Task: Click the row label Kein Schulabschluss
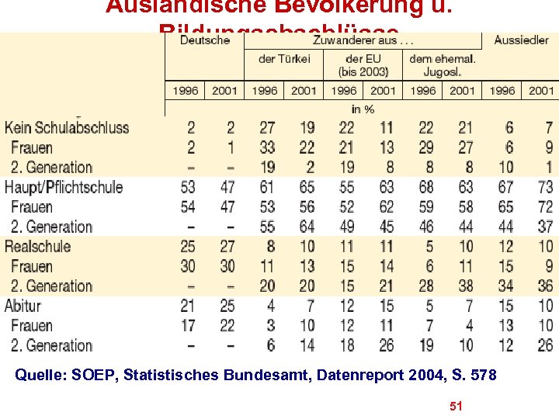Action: pos(67,127)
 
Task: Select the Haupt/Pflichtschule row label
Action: pos(64,187)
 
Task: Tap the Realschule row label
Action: pos(37,247)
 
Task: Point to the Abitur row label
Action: pos(23,306)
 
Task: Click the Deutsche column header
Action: pos(205,40)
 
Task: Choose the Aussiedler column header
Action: pos(521,40)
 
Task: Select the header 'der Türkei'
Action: pos(284,59)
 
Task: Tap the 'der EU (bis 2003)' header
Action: pos(363,65)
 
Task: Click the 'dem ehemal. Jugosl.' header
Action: pos(443,65)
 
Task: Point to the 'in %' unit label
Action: pos(363,109)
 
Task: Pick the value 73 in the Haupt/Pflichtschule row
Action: pos(545,187)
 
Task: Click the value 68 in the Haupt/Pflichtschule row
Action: pos(426,187)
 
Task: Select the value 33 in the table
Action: pos(267,147)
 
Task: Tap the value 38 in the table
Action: pos(466,286)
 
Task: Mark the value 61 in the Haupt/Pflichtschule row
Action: pos(267,187)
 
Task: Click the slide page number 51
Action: pos(457,406)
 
